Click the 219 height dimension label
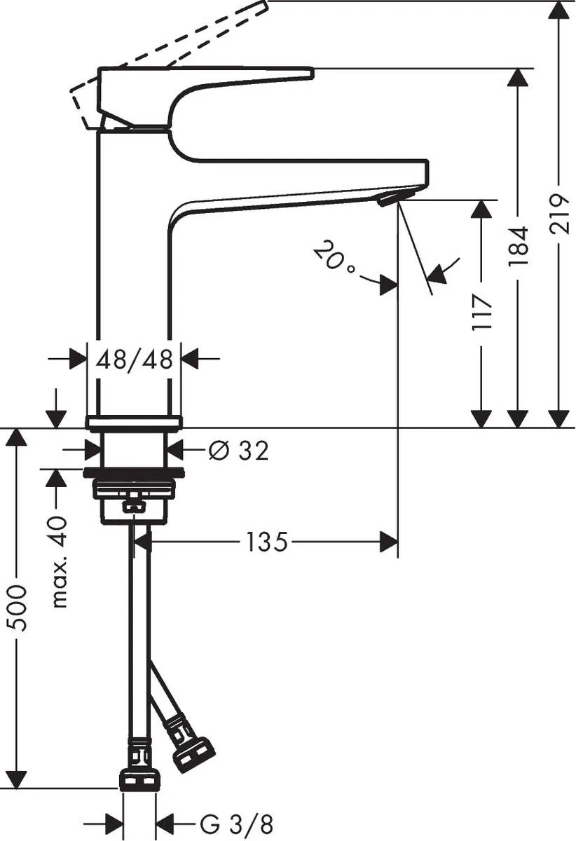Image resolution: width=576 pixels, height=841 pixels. pyautogui.click(x=559, y=214)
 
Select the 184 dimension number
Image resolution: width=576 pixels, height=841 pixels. pyautogui.click(x=518, y=246)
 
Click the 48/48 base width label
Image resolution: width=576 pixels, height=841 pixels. pyautogui.click(x=134, y=360)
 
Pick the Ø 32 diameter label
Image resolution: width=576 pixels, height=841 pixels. pyautogui.click(x=238, y=451)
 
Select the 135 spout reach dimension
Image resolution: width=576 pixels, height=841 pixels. pyautogui.click(x=266, y=542)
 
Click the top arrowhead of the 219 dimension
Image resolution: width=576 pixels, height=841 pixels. pyautogui.click(x=558, y=10)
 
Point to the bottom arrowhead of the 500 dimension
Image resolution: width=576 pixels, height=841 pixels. pyautogui.click(x=17, y=778)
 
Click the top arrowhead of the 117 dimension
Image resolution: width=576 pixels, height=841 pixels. pyautogui.click(x=481, y=210)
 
